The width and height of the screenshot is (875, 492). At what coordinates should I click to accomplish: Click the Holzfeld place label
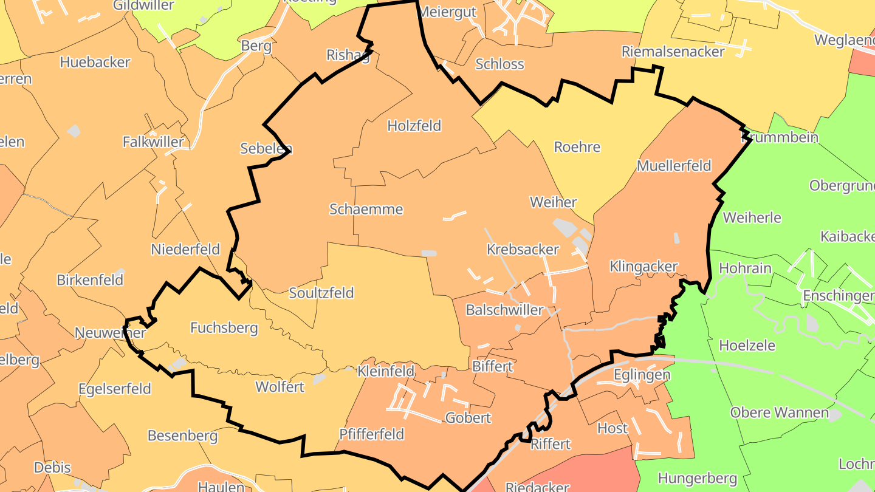(x=414, y=126)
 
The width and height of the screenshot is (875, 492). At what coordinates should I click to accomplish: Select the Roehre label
(x=577, y=147)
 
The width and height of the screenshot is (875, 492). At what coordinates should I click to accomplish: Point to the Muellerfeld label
(x=674, y=165)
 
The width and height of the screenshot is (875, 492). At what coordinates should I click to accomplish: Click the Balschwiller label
(x=504, y=310)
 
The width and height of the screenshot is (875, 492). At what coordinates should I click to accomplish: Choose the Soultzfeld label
(x=321, y=293)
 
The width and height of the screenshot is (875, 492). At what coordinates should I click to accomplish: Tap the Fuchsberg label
(x=224, y=328)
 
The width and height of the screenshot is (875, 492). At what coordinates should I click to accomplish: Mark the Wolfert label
(x=280, y=386)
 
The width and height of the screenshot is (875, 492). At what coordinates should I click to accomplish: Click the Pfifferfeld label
(x=371, y=434)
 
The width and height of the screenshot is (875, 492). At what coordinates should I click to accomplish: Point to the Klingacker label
(x=643, y=266)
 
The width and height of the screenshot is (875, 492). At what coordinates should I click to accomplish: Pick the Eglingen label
(x=641, y=374)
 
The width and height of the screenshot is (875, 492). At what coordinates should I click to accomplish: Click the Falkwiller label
(x=153, y=142)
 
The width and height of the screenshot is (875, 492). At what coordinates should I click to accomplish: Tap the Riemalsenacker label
(x=673, y=51)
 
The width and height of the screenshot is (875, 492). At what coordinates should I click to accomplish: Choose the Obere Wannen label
(x=779, y=412)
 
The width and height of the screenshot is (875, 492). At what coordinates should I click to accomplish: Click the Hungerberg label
(x=697, y=478)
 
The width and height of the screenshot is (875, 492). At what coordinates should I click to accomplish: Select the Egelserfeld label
(x=114, y=389)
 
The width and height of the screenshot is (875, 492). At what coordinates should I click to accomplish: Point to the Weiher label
(x=553, y=202)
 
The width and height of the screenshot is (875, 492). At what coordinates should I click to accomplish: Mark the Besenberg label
(x=182, y=436)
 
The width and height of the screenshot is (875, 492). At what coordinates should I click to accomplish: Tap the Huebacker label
(x=95, y=62)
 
